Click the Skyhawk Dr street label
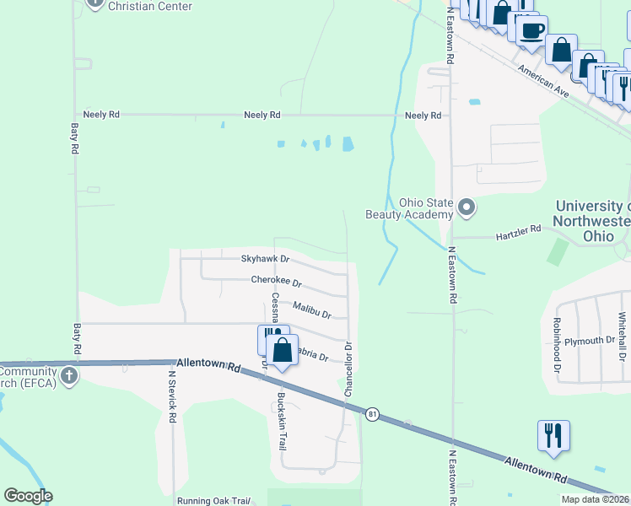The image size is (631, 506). (265, 259)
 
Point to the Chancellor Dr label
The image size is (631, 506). (348, 369)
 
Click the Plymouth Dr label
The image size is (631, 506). (590, 341)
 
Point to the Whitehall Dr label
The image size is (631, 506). (622, 337)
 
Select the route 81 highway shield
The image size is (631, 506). (372, 413)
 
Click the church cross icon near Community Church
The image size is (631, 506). (68, 374)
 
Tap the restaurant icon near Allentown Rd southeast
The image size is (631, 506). (553, 435)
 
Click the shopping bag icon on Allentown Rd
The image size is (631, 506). (283, 350)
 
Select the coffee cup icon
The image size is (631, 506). (531, 30)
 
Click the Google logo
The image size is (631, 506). (28, 496)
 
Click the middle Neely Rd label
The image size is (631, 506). (262, 115)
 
